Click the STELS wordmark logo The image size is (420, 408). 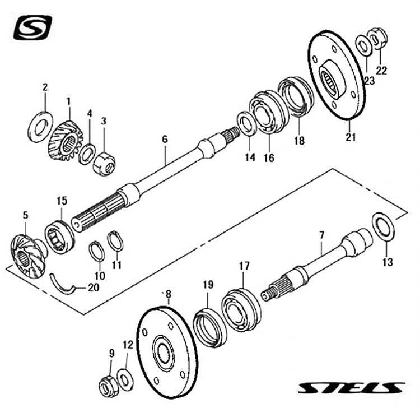(352, 388)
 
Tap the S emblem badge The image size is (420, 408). (32, 27)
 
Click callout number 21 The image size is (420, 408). (351, 137)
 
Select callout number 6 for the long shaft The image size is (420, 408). (165, 139)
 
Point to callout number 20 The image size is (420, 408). (94, 288)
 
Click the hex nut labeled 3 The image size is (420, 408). (104, 164)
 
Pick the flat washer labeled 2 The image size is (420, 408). (40, 126)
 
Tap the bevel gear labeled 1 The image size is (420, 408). (66, 141)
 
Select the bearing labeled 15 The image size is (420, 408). (59, 237)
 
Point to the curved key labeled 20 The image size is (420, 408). (63, 285)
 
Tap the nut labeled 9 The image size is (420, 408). (109, 386)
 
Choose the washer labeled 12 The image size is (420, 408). (125, 379)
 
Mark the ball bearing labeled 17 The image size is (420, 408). (241, 309)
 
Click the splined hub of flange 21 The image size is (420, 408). (331, 80)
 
